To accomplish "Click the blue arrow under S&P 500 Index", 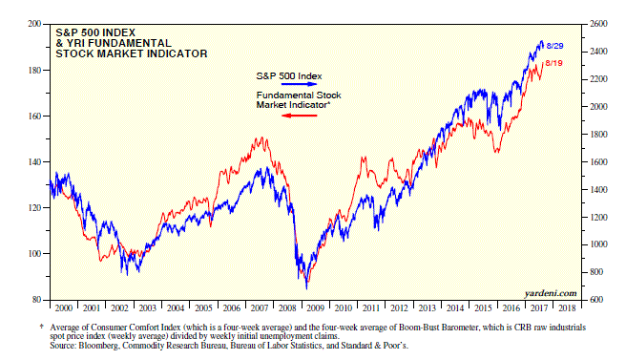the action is (299, 84).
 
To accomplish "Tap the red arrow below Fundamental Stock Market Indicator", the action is (299, 116).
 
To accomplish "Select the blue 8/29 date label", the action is (554, 46).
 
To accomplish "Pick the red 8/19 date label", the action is (553, 63).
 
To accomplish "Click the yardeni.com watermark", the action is (551, 294).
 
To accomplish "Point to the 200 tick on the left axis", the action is (34, 24).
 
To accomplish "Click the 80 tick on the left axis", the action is (36, 300).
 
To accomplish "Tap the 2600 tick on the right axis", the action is (598, 24).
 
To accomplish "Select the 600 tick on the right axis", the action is (596, 300).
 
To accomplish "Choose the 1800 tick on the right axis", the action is (598, 135).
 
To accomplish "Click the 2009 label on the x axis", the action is (315, 308).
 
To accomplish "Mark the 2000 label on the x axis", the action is (64, 308).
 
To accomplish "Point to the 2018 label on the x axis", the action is (567, 308).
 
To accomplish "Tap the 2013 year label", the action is (427, 308).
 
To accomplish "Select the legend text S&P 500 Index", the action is (289, 76).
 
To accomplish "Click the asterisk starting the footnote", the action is (42, 327).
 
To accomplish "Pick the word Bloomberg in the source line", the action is (98, 346).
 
